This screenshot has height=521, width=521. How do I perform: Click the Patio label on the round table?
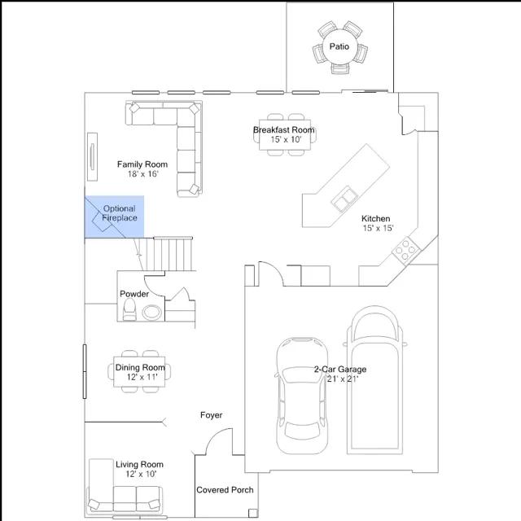pos(339,46)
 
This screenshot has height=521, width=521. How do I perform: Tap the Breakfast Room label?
pos(284,130)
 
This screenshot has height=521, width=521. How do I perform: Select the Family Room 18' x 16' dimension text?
pos(143,173)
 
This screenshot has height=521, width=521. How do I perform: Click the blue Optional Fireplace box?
pos(114,217)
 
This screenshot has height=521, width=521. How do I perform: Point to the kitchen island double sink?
pos(344,199)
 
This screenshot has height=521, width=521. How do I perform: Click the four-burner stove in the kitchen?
pos(406,250)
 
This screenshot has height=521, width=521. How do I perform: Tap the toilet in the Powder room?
pos(129,309)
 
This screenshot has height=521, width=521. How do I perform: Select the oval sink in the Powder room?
pos(152,313)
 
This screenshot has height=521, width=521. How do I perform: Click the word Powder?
pos(134,294)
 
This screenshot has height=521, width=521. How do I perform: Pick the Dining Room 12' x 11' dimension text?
pos(142,377)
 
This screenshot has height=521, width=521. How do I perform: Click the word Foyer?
pos(212,415)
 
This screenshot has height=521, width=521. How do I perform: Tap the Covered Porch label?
pos(225,490)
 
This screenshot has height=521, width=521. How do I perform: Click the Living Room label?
pos(139,464)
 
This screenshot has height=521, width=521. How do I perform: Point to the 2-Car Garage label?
pos(340,369)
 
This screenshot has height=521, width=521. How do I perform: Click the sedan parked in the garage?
pos(302,396)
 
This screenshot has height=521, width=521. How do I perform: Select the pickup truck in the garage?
pos(374,380)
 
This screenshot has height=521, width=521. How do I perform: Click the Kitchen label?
pos(376,219)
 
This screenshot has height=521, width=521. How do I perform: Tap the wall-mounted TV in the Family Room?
pos(92,157)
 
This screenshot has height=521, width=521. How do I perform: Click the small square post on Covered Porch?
pos(253,513)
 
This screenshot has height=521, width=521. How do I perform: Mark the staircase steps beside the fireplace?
pos(169,254)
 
